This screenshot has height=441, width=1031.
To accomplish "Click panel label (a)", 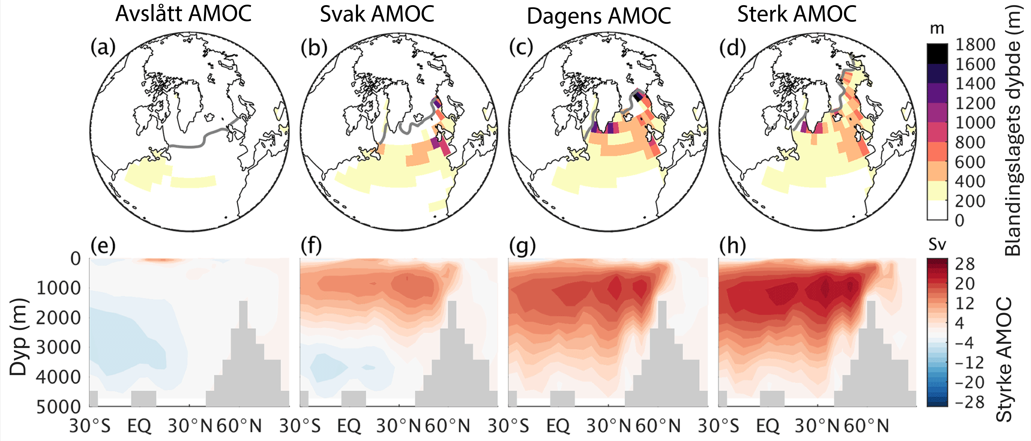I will click(x=103, y=48).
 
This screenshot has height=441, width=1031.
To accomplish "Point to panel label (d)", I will click(x=732, y=48).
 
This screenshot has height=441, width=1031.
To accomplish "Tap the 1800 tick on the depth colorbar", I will click(x=975, y=44).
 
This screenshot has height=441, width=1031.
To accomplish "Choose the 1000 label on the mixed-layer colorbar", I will click(x=975, y=123).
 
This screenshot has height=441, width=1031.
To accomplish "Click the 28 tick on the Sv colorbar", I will click(x=965, y=264).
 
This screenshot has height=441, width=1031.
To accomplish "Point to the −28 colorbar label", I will click(x=969, y=402).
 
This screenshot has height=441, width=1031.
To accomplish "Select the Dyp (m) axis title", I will click(x=18, y=337).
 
